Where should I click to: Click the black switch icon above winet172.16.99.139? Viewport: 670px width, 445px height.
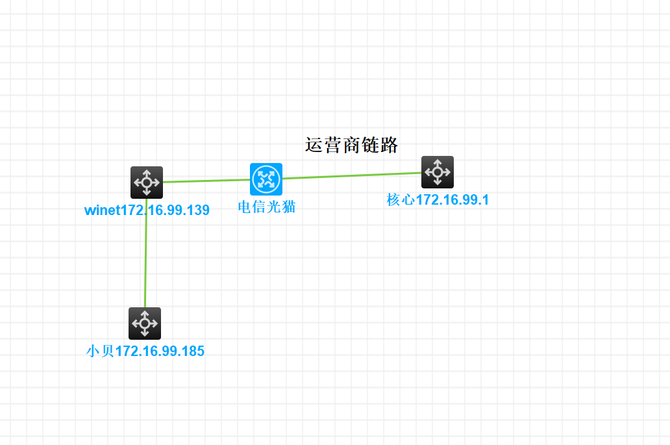coord(147,183)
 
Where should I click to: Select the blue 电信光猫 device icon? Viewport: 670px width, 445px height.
coord(266,179)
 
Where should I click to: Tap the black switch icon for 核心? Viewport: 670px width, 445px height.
coord(438,172)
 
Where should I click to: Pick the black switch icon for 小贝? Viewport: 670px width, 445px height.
coord(145,324)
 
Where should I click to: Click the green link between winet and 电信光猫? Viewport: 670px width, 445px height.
coord(206,181)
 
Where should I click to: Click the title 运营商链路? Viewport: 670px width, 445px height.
coord(351,146)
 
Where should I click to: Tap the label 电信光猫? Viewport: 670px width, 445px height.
coord(266,207)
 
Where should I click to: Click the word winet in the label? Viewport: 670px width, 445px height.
coord(103,210)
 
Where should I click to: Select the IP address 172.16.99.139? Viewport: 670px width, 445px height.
coord(165,210)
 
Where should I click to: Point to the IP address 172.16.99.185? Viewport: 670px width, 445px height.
coord(160,351)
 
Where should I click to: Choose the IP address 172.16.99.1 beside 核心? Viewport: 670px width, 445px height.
coord(453,200)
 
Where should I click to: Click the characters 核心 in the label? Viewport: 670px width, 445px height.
coord(401,200)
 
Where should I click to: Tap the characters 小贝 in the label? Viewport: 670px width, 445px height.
coord(100,351)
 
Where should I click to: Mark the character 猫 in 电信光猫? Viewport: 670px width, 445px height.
coord(288,207)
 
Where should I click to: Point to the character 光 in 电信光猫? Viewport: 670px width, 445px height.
coord(273,207)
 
